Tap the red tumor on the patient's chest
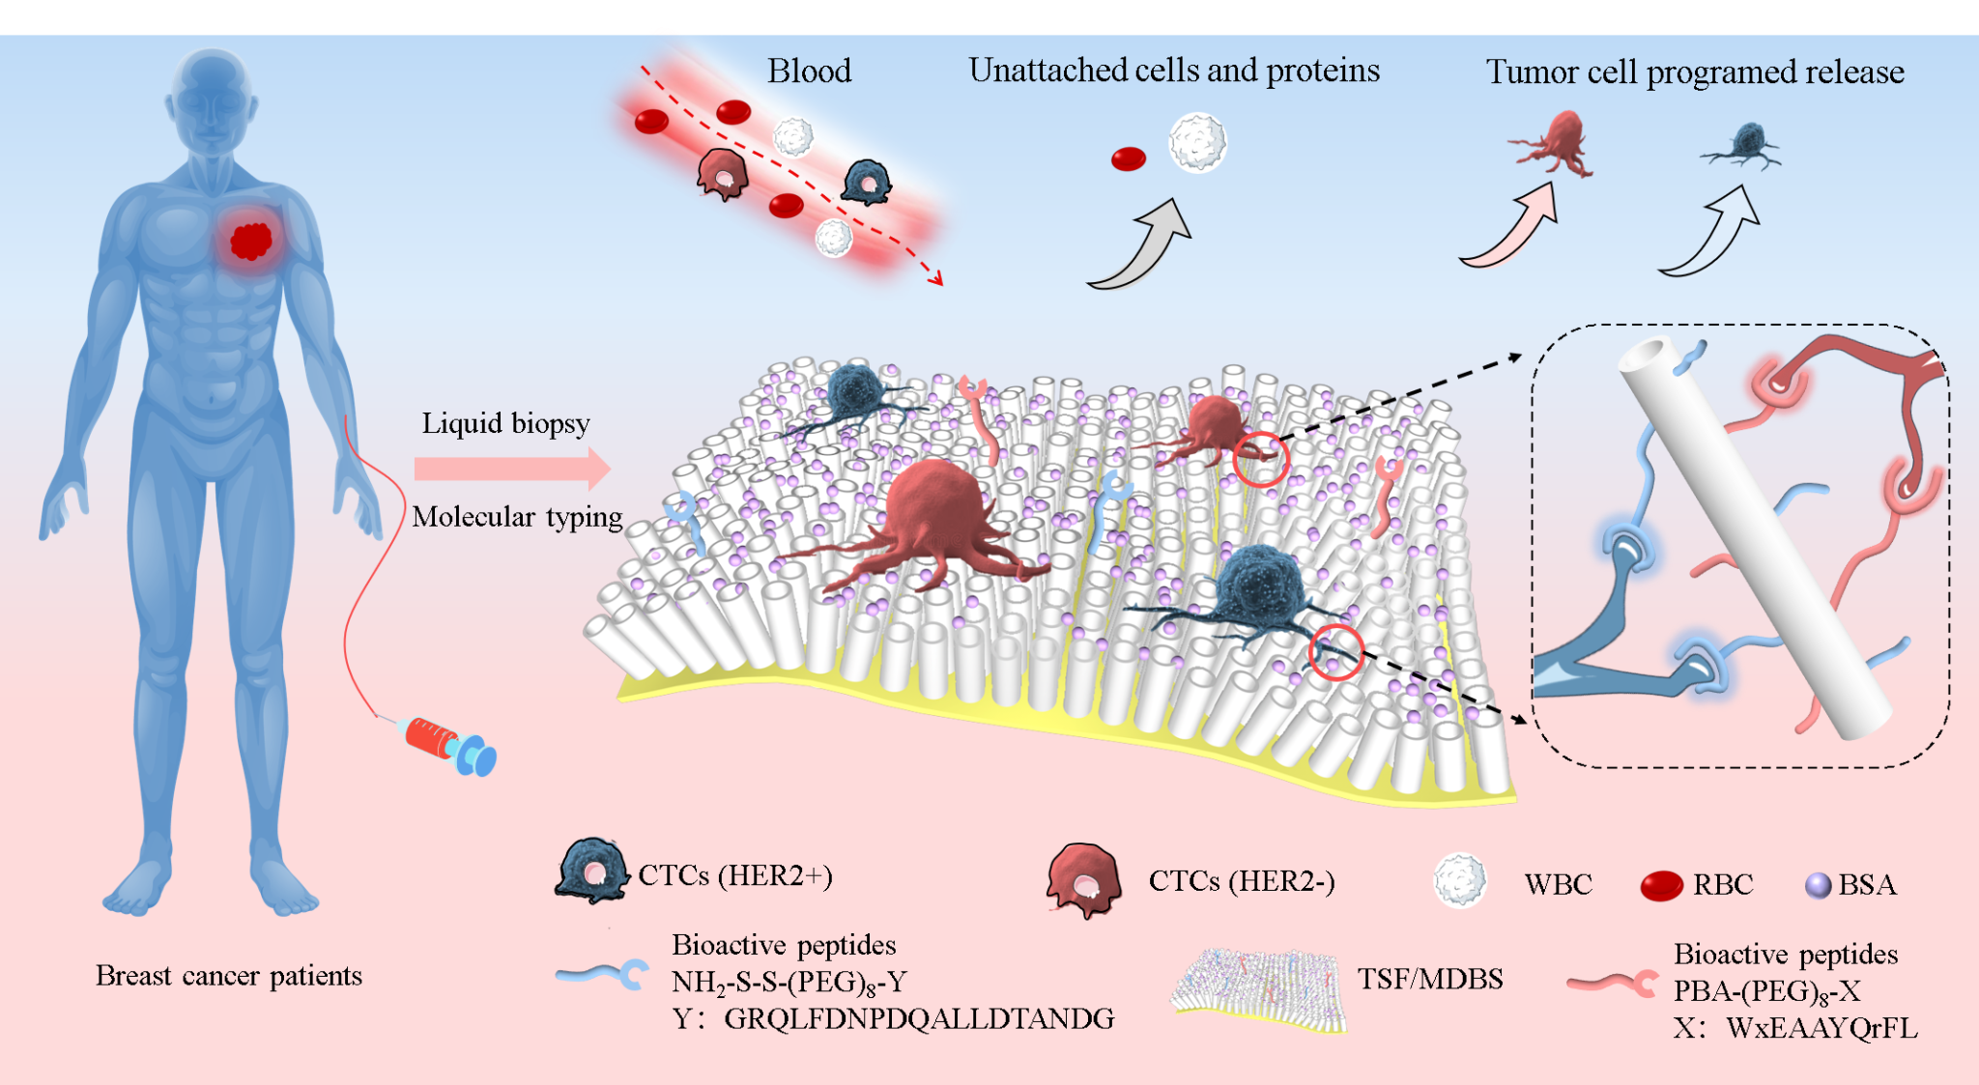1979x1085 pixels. (251, 241)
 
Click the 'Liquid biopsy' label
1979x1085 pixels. (505, 423)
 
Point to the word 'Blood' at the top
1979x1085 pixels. (809, 71)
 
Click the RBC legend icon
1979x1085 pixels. (1662, 885)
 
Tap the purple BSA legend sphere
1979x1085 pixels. (1818, 885)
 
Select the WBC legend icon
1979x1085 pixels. (1459, 880)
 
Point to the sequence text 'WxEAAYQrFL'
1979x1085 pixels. (1821, 1027)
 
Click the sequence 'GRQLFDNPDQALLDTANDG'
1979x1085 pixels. (919, 1018)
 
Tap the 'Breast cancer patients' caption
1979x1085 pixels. (229, 976)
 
